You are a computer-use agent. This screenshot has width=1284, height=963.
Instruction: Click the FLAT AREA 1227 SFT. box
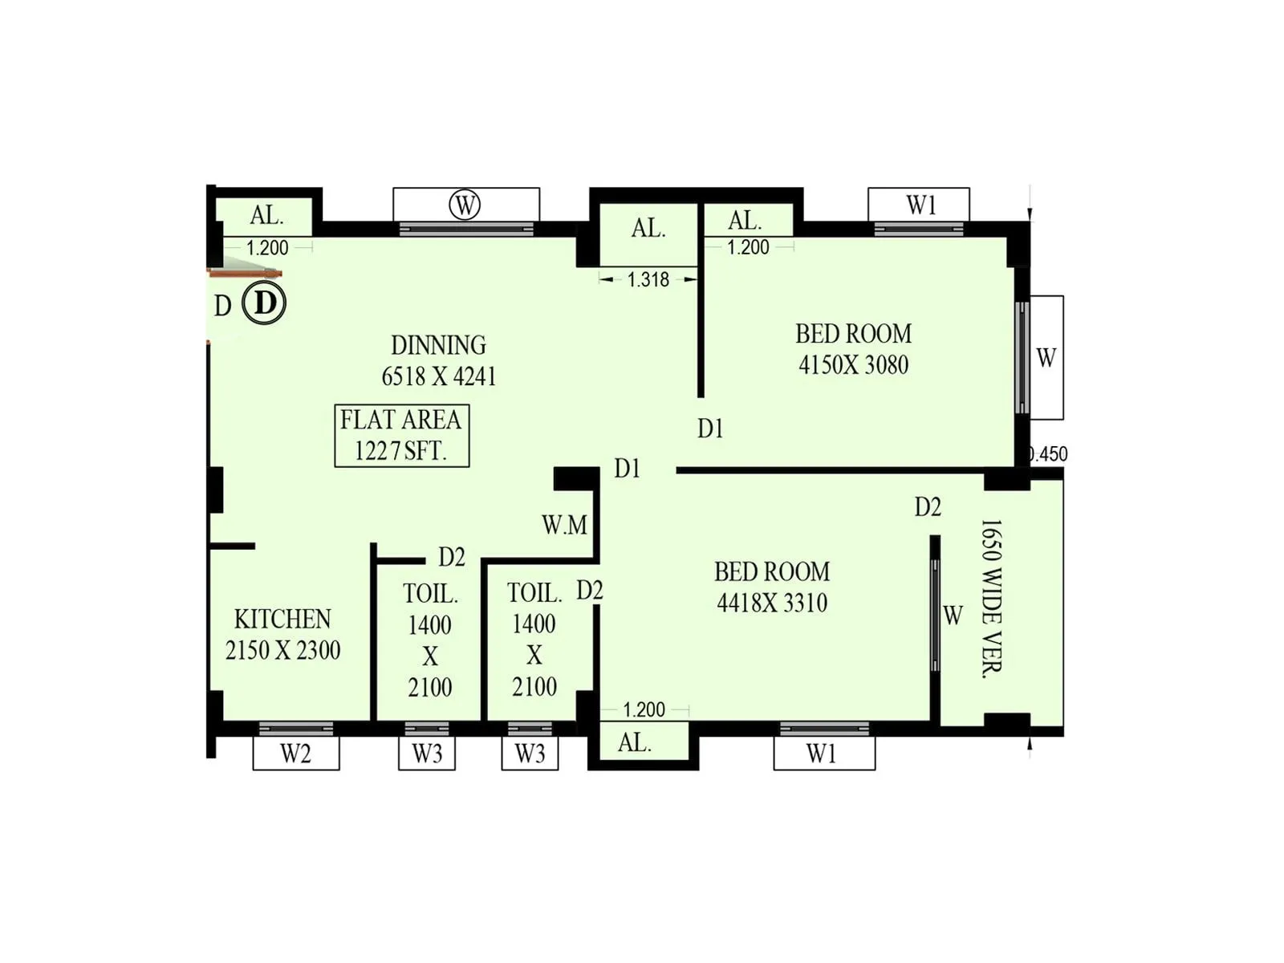pyautogui.click(x=401, y=436)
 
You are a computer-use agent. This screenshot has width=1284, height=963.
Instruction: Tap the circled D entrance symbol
pyautogui.click(x=264, y=303)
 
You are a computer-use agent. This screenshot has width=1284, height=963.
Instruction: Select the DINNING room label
pyautogui.click(x=438, y=345)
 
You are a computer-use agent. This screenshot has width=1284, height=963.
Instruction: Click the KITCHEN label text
pyautogui.click(x=282, y=619)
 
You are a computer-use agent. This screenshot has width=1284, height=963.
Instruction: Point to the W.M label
pyautogui.click(x=564, y=526)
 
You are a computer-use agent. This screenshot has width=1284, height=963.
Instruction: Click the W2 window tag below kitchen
pyautogui.click(x=295, y=754)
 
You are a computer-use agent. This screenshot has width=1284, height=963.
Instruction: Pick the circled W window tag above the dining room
pyautogui.click(x=465, y=205)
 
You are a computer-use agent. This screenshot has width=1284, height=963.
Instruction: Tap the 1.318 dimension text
pyautogui.click(x=648, y=279)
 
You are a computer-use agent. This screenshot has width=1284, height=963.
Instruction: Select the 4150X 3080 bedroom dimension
pyautogui.click(x=853, y=365)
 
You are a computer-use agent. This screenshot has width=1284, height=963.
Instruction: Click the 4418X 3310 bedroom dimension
pyautogui.click(x=772, y=603)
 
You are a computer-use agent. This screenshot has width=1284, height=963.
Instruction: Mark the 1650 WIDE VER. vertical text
pyautogui.click(x=992, y=599)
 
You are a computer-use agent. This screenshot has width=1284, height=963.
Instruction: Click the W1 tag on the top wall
pyautogui.click(x=920, y=205)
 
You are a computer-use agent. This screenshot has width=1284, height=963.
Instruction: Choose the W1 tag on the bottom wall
pyautogui.click(x=822, y=754)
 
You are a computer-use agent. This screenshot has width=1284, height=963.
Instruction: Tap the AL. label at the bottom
pyautogui.click(x=634, y=743)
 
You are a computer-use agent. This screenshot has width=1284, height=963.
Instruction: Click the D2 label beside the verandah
pyautogui.click(x=928, y=507)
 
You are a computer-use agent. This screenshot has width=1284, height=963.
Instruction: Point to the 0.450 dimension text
pyautogui.click(x=1048, y=454)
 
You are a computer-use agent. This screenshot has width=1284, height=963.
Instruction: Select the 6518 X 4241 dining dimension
pyautogui.click(x=438, y=376)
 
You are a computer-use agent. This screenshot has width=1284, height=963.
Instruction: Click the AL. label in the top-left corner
pyautogui.click(x=266, y=215)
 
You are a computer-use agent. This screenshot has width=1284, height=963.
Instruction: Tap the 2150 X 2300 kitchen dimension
pyautogui.click(x=282, y=650)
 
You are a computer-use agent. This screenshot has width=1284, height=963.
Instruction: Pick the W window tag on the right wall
pyautogui.click(x=1046, y=358)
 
